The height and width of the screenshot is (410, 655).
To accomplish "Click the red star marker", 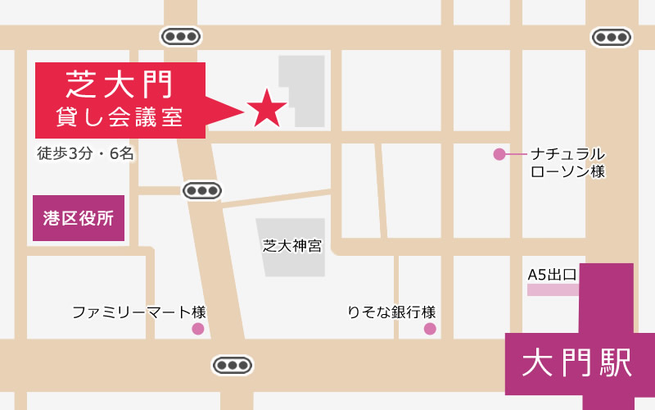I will [x=265, y=108].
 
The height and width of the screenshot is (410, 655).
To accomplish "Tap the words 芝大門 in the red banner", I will [x=119, y=82].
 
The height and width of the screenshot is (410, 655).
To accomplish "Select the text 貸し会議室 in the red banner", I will [x=120, y=116].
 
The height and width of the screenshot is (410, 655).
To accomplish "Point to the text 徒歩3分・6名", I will [x=85, y=153].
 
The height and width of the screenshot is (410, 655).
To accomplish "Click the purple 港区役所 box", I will [x=79, y=218].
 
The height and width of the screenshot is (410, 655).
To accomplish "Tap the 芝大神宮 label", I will [x=292, y=245].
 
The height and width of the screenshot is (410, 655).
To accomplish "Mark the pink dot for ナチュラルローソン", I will [x=499, y=154].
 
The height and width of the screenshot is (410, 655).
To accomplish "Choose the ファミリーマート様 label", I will [x=138, y=312].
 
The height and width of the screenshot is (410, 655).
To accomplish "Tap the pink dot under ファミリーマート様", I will [x=197, y=329].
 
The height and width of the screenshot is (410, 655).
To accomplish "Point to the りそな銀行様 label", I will [x=391, y=312].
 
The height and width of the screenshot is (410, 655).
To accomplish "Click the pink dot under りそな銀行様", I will [x=430, y=329].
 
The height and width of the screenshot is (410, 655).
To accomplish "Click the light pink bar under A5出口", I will [x=553, y=289].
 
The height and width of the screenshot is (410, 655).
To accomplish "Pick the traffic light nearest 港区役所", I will [x=201, y=190].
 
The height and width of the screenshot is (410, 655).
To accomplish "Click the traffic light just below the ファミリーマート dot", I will [x=232, y=365].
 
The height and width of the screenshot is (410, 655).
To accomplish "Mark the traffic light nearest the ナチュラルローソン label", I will [x=612, y=37].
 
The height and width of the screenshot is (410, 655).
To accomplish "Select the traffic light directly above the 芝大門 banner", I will [x=180, y=36].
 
